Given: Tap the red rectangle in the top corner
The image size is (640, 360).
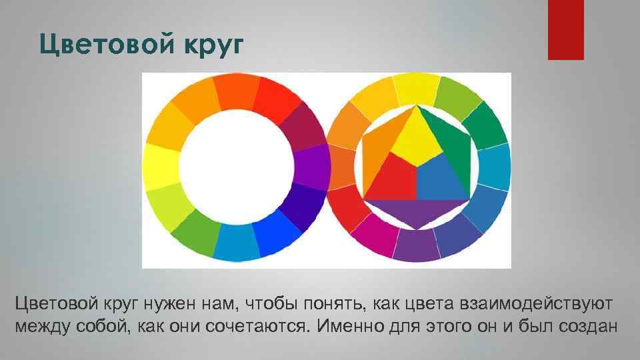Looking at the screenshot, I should click(x=565, y=29).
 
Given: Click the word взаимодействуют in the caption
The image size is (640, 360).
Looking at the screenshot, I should click(x=535, y=304).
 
